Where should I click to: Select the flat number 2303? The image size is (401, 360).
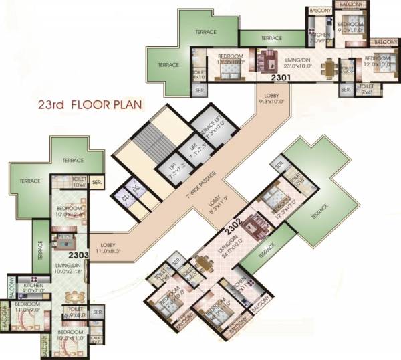[x=78, y=254]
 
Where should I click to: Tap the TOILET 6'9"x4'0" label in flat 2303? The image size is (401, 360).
[x=75, y=312]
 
